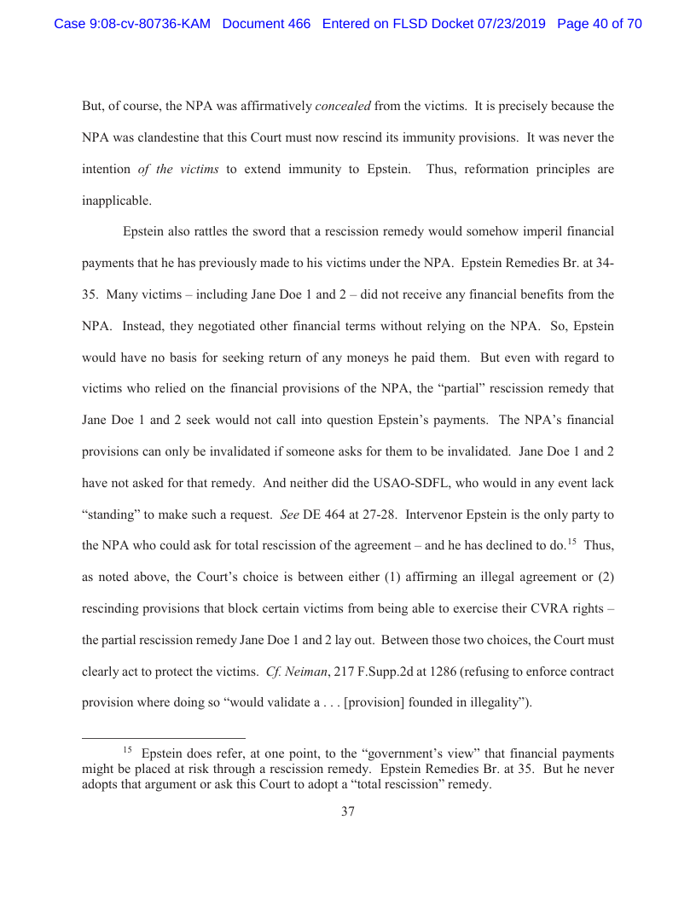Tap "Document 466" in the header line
266,24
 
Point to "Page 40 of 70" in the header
599,24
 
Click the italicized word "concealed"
343,107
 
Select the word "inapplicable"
117,201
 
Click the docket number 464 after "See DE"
332,515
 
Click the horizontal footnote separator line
164,737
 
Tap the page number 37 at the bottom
348,811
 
